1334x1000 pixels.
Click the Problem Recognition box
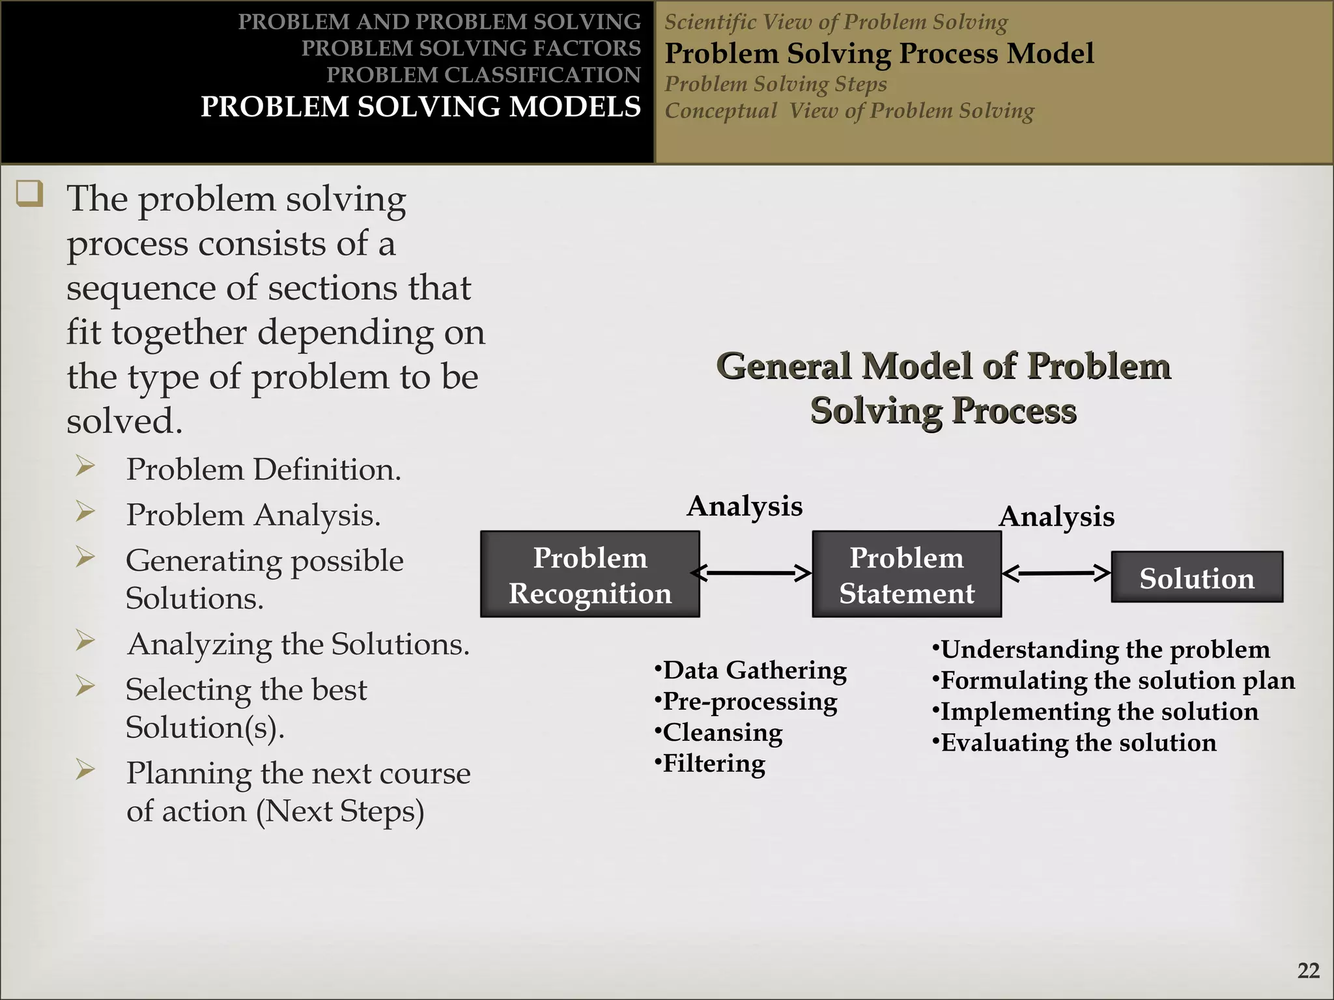click(589, 574)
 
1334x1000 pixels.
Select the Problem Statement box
click(906, 574)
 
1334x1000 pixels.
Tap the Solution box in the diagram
click(1197, 577)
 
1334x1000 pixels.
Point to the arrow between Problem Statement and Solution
click(1056, 573)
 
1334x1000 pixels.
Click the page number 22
click(1308, 971)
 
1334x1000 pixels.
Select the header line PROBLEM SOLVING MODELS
click(420, 107)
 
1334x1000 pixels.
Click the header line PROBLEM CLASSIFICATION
click(483, 75)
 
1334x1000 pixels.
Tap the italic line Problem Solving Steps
click(775, 84)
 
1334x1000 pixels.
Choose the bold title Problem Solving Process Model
click(879, 53)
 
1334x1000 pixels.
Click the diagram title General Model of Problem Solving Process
click(943, 388)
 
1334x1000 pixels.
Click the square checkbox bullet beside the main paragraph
click(30, 194)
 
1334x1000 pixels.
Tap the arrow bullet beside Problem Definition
click(85, 466)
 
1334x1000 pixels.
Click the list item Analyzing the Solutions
click(298, 644)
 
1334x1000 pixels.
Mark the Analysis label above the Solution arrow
click(1057, 516)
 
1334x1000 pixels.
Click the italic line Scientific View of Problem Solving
click(836, 22)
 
